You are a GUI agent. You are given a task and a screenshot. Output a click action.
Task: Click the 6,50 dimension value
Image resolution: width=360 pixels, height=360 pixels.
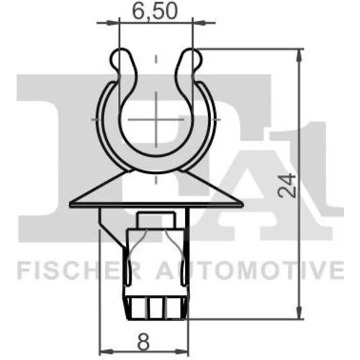[x=155, y=12]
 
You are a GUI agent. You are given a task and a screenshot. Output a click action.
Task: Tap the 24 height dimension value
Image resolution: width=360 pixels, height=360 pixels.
[x=287, y=185]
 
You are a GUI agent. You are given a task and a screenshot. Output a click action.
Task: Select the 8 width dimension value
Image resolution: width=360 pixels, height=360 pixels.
[x=143, y=341]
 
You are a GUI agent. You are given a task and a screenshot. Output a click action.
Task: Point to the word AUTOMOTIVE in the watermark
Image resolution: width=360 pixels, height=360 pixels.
[x=250, y=271]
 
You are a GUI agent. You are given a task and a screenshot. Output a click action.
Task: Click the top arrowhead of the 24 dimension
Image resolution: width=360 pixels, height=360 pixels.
[x=299, y=55]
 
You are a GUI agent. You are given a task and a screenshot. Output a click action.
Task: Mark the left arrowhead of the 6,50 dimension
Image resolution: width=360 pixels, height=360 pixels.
[x=113, y=23]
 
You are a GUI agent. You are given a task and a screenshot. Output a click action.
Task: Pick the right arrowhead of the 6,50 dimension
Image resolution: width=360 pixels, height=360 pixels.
[x=199, y=23]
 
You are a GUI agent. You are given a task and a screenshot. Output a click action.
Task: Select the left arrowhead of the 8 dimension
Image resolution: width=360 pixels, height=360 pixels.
[x=106, y=352]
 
